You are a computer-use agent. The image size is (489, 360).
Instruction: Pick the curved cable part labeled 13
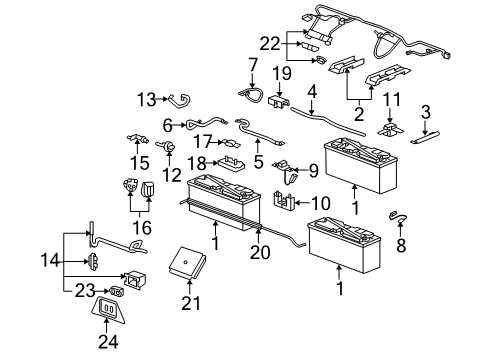[181, 98]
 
